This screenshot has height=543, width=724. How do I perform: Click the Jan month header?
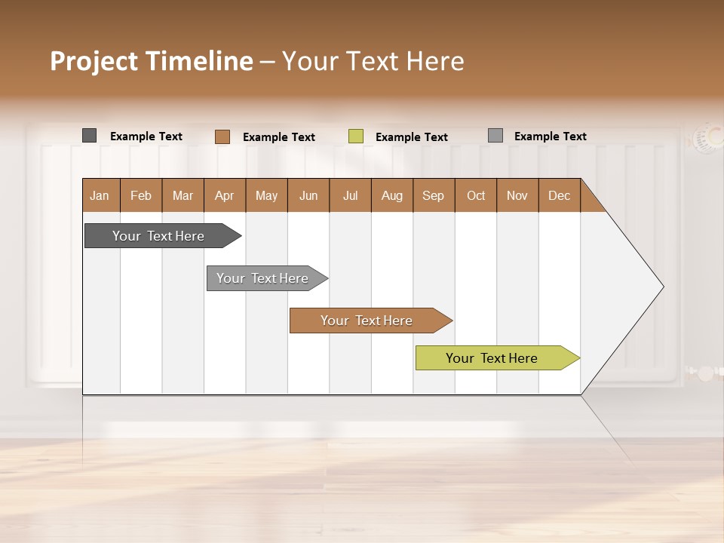click(100, 195)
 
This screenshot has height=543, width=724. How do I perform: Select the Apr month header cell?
click(225, 195)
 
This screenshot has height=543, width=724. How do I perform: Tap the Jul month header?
click(350, 195)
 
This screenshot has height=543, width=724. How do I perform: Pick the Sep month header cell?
click(434, 195)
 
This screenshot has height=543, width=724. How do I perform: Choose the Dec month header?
click(559, 195)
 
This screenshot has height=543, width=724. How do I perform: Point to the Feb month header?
click(141, 195)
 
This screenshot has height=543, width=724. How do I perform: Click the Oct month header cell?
click(476, 195)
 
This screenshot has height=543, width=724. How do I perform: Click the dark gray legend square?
click(89, 136)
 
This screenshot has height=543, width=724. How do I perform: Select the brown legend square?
click(222, 137)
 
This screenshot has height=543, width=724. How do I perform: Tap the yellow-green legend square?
click(356, 137)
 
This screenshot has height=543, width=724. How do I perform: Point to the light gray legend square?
click(495, 136)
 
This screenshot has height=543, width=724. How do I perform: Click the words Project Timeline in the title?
click(152, 61)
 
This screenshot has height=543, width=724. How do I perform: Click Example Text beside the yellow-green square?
click(412, 137)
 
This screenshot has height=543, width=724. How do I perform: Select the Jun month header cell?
click(308, 195)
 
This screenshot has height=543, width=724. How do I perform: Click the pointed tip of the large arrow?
click(661, 287)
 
